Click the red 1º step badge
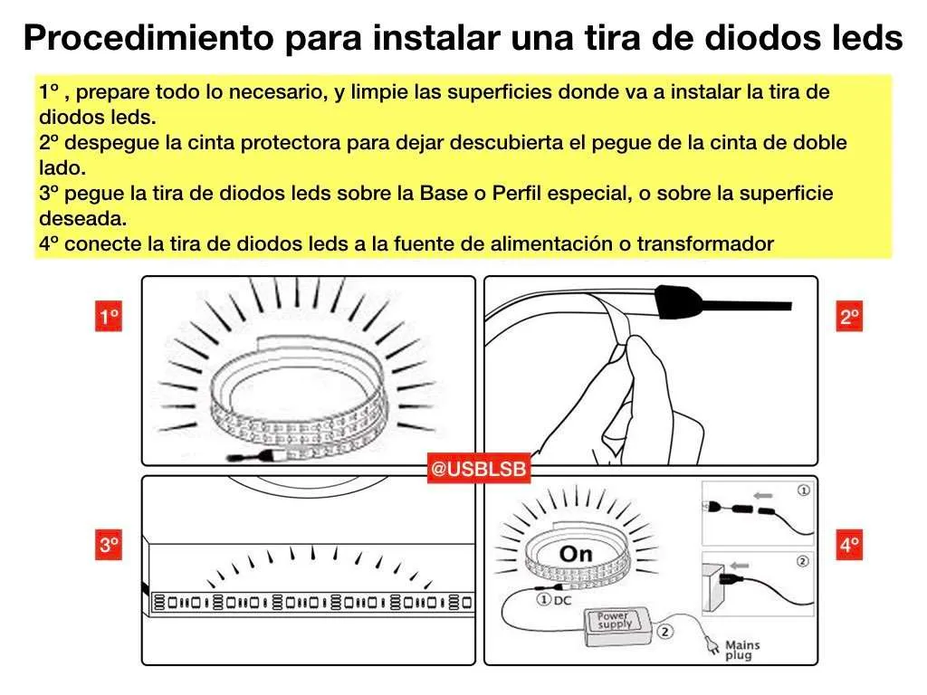pyautogui.click(x=109, y=318)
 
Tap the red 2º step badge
pyautogui.click(x=849, y=318)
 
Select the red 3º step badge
pyautogui.click(x=109, y=546)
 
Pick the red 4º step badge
pyautogui.click(x=849, y=546)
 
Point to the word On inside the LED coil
pyautogui.click(x=576, y=553)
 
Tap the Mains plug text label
pyautogui.click(x=742, y=650)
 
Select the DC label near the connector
pyautogui.click(x=562, y=599)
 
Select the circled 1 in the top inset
pyautogui.click(x=802, y=490)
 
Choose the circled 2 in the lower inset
pyautogui.click(x=802, y=561)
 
